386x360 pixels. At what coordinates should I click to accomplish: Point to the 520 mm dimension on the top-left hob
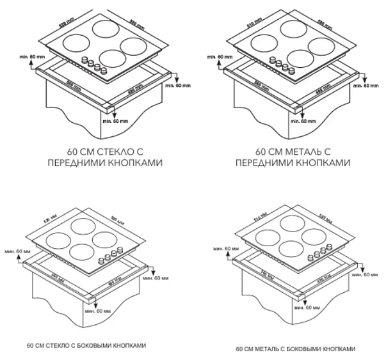pos(66,22)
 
